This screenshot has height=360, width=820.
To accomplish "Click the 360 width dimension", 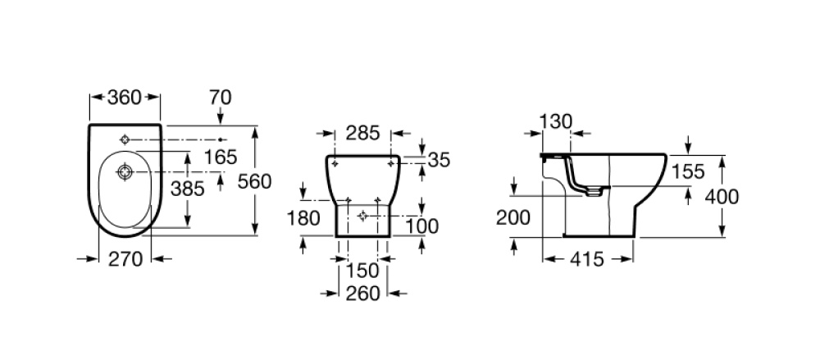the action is [125, 98].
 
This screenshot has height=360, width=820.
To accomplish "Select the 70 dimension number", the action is [220, 98].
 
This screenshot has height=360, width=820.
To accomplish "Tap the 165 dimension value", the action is [221, 157].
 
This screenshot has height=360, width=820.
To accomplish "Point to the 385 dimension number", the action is [188, 189].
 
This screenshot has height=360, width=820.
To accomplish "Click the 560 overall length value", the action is [255, 181].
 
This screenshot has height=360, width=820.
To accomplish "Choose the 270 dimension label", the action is [125, 258].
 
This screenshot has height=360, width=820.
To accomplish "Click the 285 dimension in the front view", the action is [363, 134].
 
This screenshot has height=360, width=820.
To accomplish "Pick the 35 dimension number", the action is [439, 160].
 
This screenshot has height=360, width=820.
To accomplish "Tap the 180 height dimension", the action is [303, 217].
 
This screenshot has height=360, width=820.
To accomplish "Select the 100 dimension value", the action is [422, 226].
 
